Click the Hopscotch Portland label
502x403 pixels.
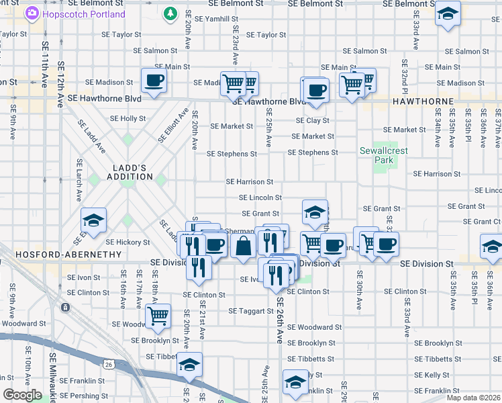click(83, 14)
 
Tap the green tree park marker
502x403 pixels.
click(171, 13)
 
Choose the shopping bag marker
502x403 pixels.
click(243, 246)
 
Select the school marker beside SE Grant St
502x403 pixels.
click(315, 212)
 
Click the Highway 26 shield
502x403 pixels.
click(120, 364)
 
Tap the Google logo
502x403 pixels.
click(21, 395)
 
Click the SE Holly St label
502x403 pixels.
click(128, 118)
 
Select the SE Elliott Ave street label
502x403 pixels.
click(172, 124)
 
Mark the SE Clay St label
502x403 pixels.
click(313, 121)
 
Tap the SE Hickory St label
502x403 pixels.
click(127, 242)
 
